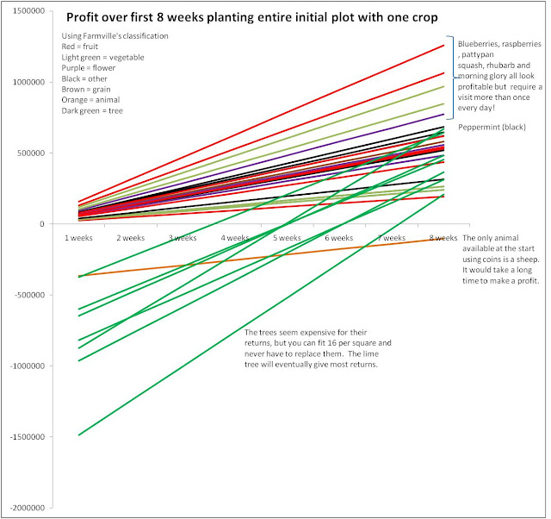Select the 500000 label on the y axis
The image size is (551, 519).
pyautogui.click(x=31, y=153)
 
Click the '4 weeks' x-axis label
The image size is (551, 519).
pyautogui.click(x=235, y=237)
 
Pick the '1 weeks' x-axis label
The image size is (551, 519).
pyautogui.click(x=78, y=237)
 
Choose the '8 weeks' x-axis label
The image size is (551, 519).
pyautogui.click(x=443, y=237)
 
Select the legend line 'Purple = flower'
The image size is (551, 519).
pyautogui.click(x=92, y=67)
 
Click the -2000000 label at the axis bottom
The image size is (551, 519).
pyautogui.click(x=27, y=508)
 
